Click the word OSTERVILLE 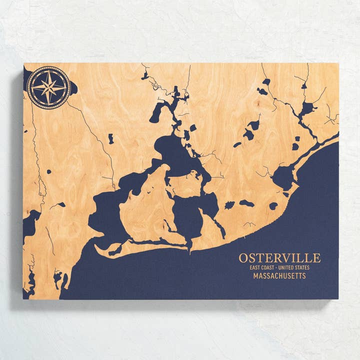click(x=279, y=258)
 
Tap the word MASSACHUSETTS click(x=279, y=276)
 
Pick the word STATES click(x=303, y=267)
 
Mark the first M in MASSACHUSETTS click(x=255, y=276)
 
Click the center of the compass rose click(x=48, y=87)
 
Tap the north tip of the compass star click(x=48, y=70)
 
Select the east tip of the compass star click(x=66, y=87)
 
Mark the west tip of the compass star click(x=31, y=87)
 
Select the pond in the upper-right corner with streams click(x=306, y=107)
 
